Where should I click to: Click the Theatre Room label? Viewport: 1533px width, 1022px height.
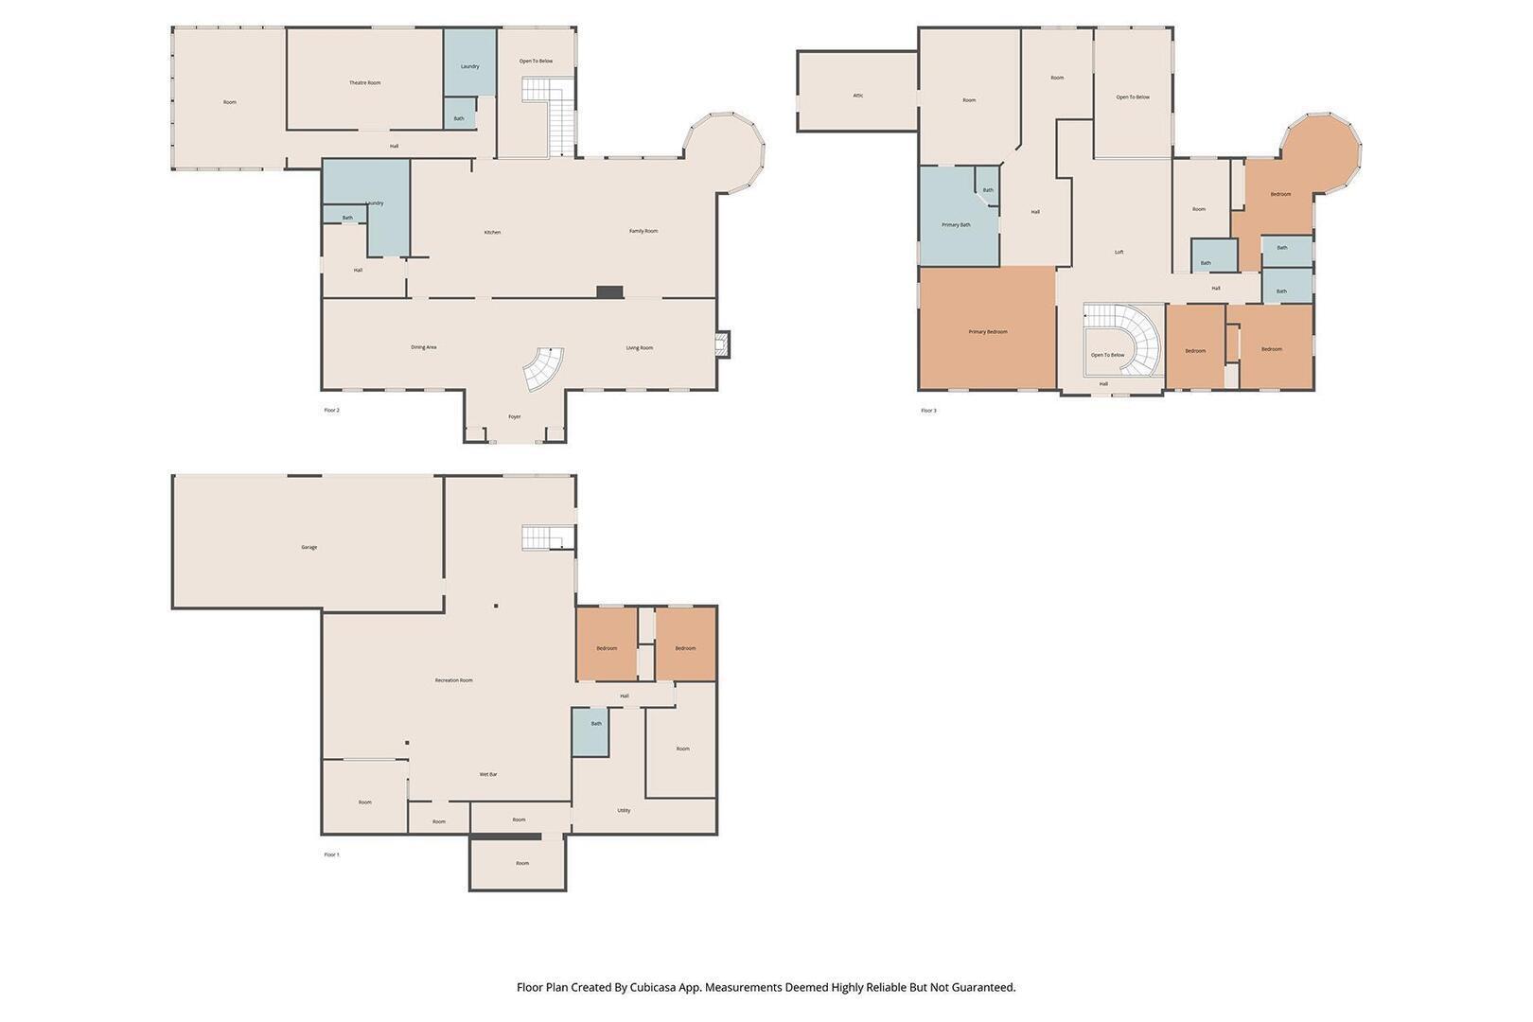(x=364, y=83)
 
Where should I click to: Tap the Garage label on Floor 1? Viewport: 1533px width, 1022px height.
(x=309, y=548)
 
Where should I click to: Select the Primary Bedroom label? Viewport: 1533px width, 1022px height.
(x=988, y=332)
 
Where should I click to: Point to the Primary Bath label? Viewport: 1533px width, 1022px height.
(x=956, y=224)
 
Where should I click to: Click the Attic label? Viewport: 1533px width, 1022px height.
(x=858, y=96)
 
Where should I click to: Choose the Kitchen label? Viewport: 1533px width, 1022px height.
(x=493, y=233)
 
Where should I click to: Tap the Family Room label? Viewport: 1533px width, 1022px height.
(x=643, y=232)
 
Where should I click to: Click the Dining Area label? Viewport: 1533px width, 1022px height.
(x=424, y=347)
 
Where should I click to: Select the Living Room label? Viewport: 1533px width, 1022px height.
(x=639, y=348)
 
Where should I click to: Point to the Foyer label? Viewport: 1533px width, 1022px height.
(x=515, y=417)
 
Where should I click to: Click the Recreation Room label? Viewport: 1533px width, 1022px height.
(x=453, y=680)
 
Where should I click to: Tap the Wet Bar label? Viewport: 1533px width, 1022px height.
(x=488, y=775)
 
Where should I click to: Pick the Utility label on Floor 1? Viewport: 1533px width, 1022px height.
(x=625, y=810)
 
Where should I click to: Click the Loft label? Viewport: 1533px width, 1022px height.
(x=1119, y=253)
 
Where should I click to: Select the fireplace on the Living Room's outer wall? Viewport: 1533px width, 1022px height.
(x=723, y=344)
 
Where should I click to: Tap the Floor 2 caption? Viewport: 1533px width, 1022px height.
(x=332, y=411)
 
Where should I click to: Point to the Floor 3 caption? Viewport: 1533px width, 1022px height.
(x=928, y=411)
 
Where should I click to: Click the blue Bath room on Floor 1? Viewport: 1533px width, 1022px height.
(x=590, y=731)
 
